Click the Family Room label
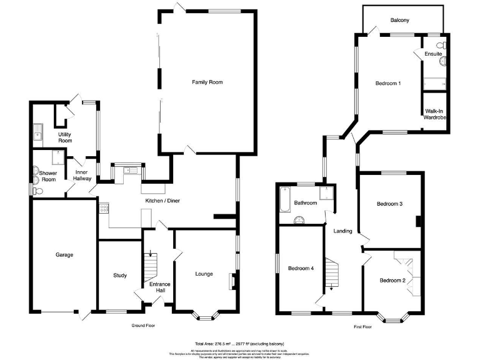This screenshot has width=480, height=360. coord(207,82)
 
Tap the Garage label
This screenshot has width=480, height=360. coord(64,254)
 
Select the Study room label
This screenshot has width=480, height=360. coord(120,275)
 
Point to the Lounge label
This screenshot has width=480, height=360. coord(204,274)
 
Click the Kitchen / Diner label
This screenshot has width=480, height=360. coord(163,201)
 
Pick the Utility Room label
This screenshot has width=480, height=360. coord(65,137)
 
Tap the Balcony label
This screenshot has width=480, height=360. coord(400,21)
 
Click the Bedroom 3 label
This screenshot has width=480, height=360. coord(389,204)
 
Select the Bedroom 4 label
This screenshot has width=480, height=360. coord(301,269)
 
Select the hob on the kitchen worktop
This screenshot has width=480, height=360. coord(104,209)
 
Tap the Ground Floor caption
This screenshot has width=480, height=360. coord(143,326)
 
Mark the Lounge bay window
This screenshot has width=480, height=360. coord(205,316)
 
